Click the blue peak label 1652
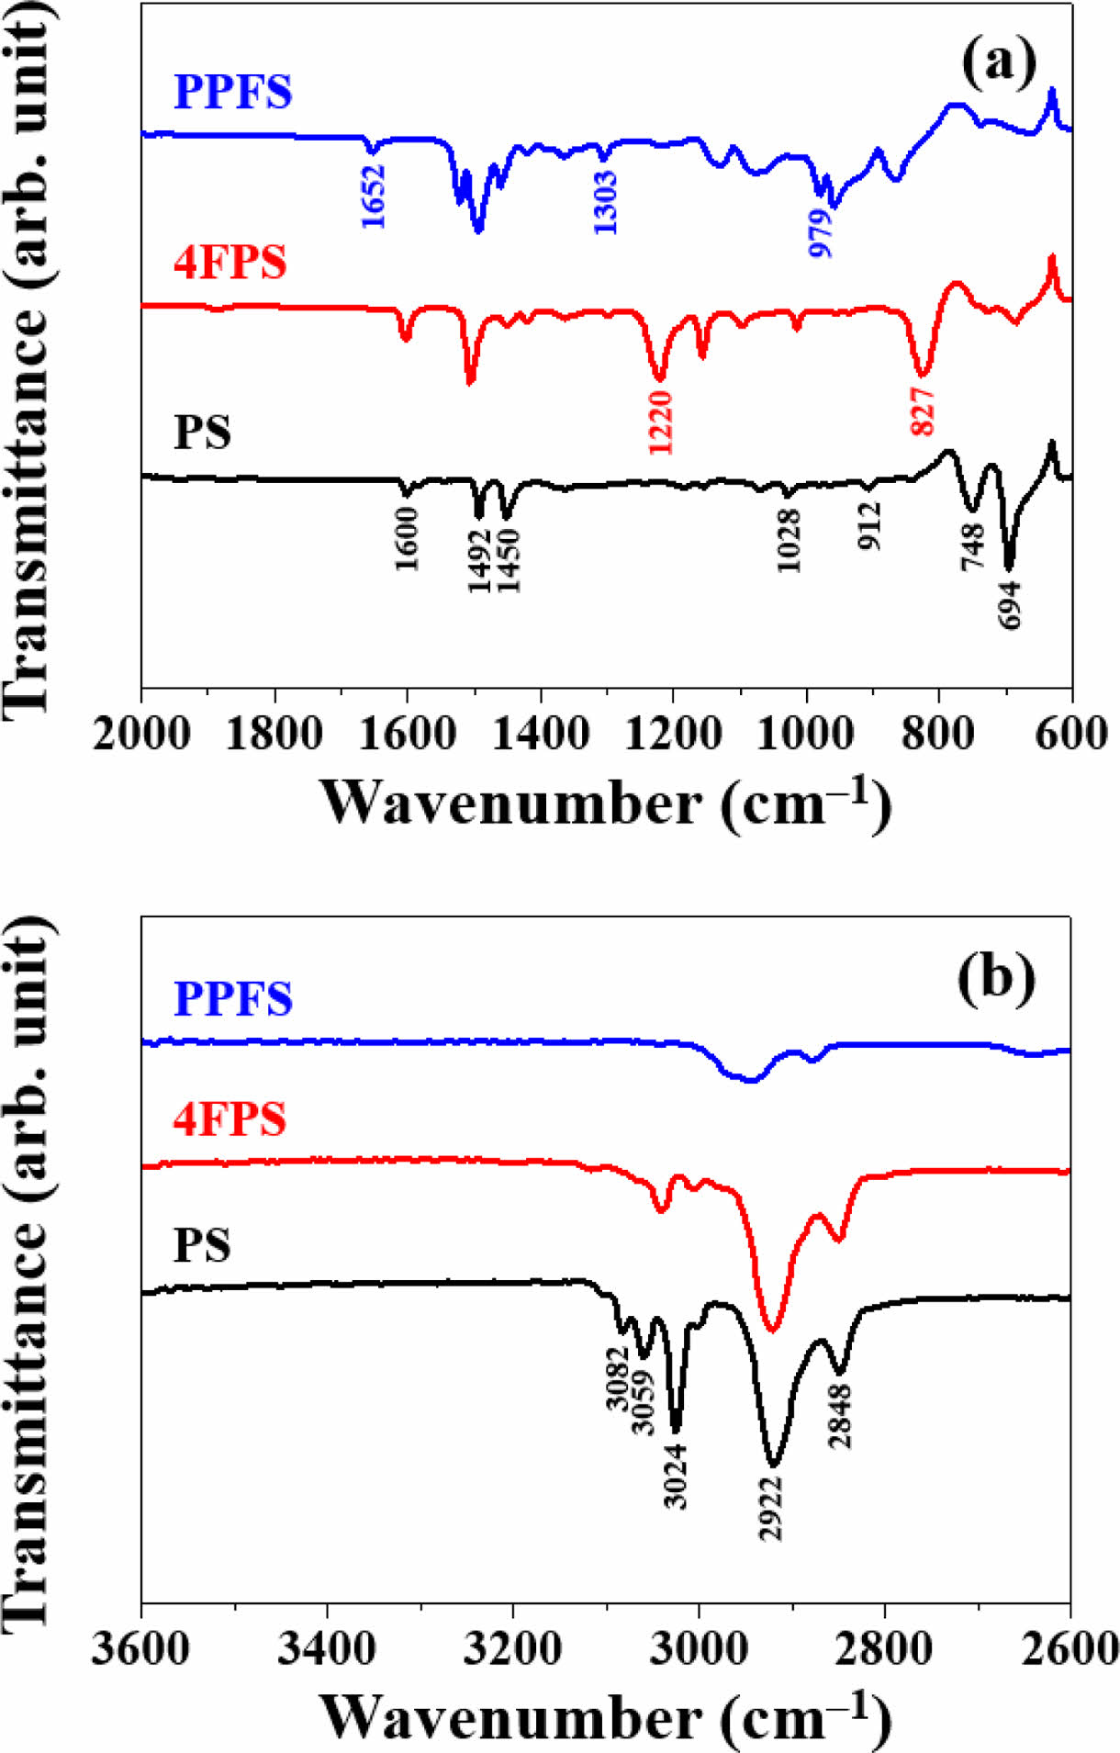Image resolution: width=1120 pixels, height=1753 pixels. click(x=373, y=197)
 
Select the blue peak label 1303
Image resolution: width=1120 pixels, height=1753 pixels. click(x=605, y=201)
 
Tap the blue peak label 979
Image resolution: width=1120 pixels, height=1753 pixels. click(x=821, y=232)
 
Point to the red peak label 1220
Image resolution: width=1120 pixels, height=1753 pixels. click(x=661, y=421)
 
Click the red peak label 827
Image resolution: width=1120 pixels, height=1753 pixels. click(x=923, y=410)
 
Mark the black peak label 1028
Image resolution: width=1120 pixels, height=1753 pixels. click(x=788, y=541)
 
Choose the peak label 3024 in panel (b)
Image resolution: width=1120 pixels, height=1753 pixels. click(x=676, y=1475)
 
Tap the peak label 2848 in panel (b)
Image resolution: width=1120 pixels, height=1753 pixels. click(x=840, y=1416)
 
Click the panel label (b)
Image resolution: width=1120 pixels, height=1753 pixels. click(x=997, y=978)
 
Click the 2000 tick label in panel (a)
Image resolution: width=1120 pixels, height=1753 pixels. click(x=142, y=735)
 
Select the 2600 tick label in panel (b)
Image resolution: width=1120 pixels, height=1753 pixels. click(x=1068, y=1649)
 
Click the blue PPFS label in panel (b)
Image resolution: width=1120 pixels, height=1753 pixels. click(x=233, y=999)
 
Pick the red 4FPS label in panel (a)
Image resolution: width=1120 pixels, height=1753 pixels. click(x=230, y=263)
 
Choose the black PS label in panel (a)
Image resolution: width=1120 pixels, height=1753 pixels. click(x=202, y=432)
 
